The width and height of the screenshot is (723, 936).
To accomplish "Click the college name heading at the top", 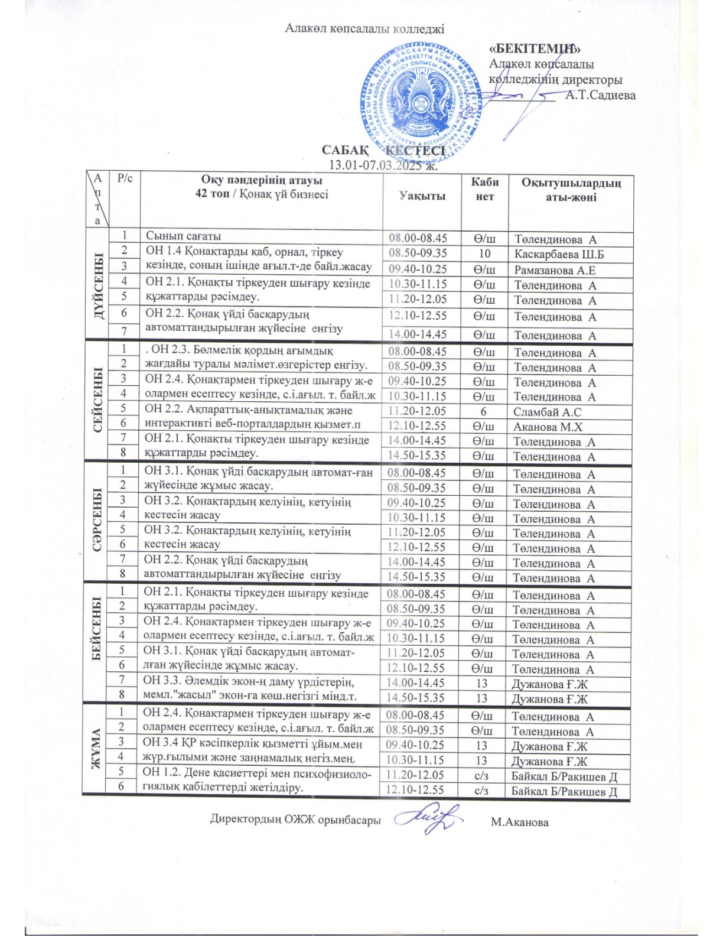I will coord(364,28).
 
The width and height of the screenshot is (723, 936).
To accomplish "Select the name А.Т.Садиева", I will coord(600,95).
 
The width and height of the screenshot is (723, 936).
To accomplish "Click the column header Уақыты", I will coord(422,196).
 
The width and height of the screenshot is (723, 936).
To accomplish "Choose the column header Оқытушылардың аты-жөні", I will coord(571,190).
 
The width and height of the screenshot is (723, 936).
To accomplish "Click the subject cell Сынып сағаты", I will coord(183,236).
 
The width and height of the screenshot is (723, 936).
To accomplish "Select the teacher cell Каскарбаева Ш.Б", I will coord(558,255).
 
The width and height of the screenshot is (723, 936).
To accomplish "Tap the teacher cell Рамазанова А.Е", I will coord(555,270).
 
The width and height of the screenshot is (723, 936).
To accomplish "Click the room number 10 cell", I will coord(484,254).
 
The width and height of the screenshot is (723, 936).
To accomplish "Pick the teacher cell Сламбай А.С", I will coord(547,412).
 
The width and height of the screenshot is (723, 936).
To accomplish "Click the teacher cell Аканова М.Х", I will coord(548,427).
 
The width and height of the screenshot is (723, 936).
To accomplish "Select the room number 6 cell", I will coord(484,412).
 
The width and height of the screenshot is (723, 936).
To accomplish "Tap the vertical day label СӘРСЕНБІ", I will coord(96,520).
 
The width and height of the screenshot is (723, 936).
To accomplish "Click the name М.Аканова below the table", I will coord(519,822).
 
